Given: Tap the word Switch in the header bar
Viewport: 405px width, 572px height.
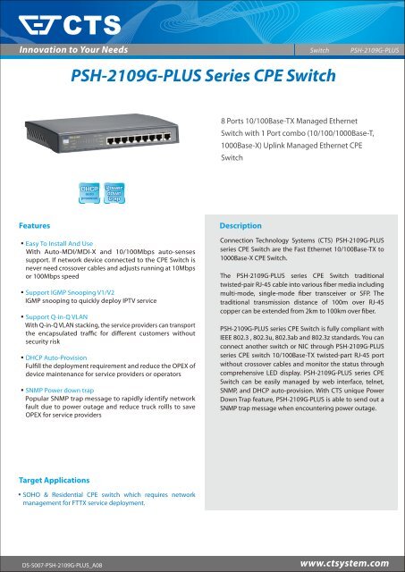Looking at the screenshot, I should click(x=320, y=51).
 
